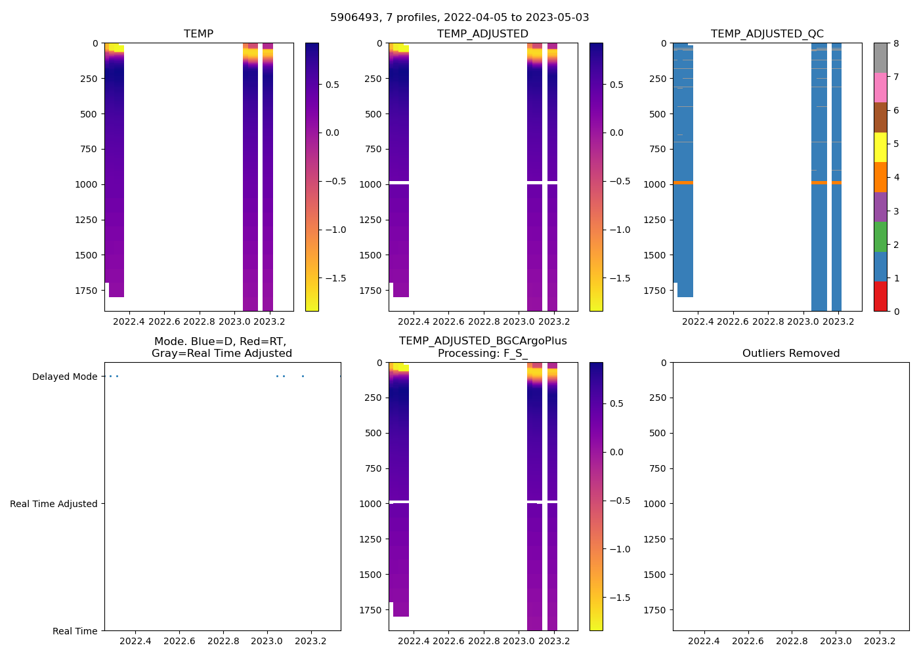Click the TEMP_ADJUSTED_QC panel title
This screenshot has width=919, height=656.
coord(767,34)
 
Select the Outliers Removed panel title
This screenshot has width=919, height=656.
coord(791,354)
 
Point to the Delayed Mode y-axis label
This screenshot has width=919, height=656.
coord(64,377)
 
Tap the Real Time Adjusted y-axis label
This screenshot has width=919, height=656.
coord(54,504)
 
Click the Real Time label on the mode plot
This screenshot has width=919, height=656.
coord(75,631)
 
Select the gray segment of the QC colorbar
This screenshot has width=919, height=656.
coord(880,58)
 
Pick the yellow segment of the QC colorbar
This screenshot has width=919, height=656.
coord(880,147)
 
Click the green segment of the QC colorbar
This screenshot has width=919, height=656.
coord(880,236)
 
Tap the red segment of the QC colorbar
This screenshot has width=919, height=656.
coord(880,297)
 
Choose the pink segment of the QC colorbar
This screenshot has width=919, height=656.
coord(880,87)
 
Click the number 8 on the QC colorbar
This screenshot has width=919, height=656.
coord(896,43)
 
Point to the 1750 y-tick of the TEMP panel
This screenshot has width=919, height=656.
coord(87,290)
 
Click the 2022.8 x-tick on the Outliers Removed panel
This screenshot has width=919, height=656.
coord(792,641)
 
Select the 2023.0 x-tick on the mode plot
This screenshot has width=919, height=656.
coord(267,641)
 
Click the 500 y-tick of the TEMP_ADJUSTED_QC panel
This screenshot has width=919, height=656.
coord(658,114)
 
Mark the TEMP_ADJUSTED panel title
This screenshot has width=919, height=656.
coord(482,34)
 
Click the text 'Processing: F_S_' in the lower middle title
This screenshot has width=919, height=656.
coord(482,354)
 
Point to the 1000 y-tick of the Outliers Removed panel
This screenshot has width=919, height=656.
coord(655,504)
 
